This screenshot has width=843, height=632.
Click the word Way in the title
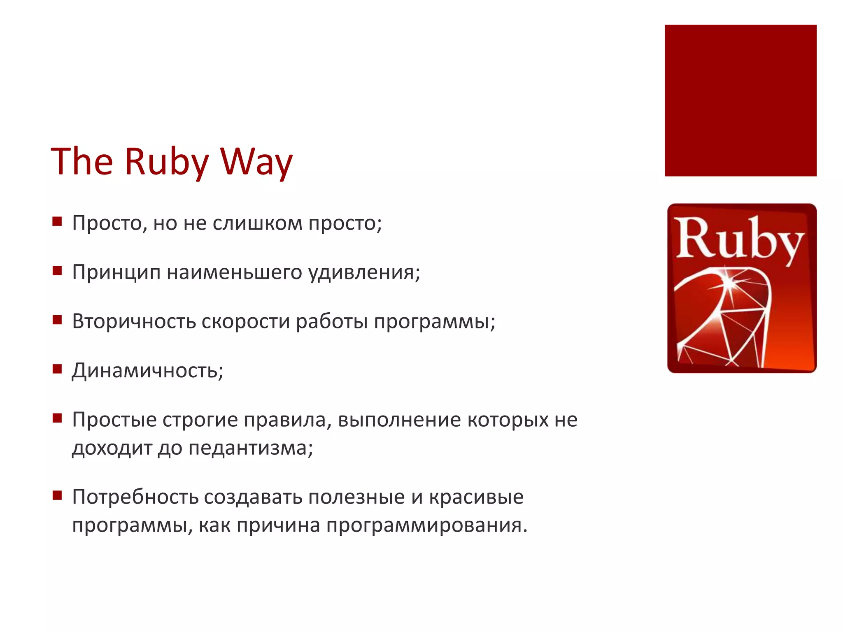click(x=256, y=161)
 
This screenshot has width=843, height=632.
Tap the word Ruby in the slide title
click(x=166, y=161)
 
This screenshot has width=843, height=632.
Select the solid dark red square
click(x=740, y=100)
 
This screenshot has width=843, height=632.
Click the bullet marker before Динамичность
click(x=57, y=369)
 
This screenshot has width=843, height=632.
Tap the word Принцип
click(x=116, y=272)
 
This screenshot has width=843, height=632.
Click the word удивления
click(x=363, y=272)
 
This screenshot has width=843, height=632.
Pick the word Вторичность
click(x=133, y=321)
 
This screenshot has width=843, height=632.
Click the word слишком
click(x=257, y=223)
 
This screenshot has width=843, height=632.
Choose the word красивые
click(x=476, y=497)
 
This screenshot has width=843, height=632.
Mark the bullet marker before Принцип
click(x=57, y=271)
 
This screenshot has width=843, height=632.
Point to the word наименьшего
click(x=235, y=272)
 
